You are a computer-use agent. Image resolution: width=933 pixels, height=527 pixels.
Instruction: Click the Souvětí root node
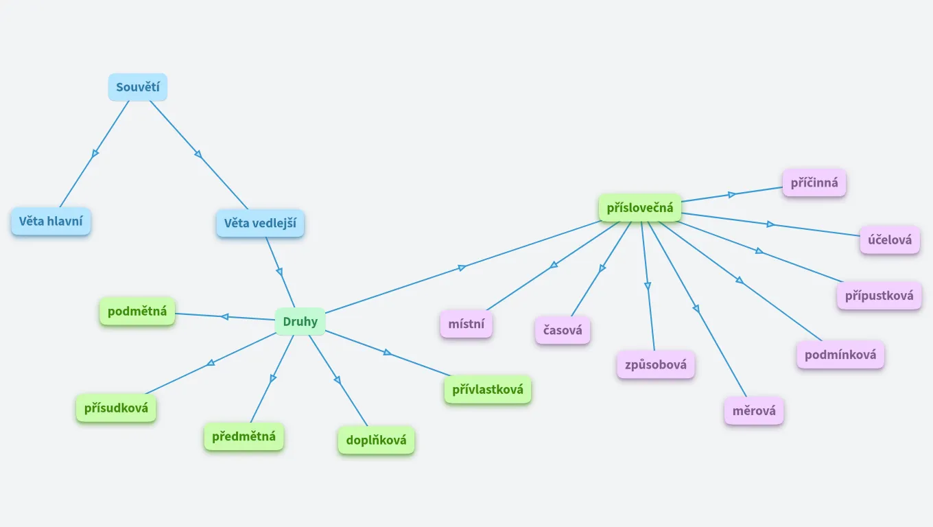tap(137, 87)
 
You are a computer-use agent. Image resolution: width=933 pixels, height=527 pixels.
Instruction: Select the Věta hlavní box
tap(51, 222)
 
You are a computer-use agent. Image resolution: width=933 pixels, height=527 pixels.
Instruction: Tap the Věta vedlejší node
tap(260, 224)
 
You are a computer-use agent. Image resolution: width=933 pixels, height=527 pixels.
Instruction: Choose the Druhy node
tap(300, 321)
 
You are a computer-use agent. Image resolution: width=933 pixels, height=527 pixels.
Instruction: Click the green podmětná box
tap(137, 311)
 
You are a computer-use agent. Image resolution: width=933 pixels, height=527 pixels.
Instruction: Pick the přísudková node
tap(116, 408)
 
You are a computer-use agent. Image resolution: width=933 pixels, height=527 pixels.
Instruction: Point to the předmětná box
tap(244, 436)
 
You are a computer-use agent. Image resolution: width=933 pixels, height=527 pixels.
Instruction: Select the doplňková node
tap(376, 441)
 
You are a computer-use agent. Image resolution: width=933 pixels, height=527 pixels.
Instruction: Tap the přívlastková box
tap(488, 390)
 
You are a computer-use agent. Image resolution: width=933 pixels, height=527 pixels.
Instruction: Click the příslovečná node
tap(640, 208)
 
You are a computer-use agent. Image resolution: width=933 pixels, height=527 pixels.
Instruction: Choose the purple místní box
tap(466, 324)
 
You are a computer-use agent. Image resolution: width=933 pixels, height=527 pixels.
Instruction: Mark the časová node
tap(563, 330)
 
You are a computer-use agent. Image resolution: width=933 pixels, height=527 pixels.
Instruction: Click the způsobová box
tap(656, 364)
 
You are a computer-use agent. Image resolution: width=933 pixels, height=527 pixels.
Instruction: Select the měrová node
tap(754, 411)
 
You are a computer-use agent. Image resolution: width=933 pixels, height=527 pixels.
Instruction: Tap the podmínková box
tap(840, 355)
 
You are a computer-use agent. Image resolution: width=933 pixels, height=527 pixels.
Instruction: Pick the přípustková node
tap(879, 296)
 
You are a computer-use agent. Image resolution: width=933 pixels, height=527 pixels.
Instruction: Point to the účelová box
tap(890, 240)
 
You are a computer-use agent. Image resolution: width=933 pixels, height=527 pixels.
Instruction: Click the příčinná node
tap(814, 183)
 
